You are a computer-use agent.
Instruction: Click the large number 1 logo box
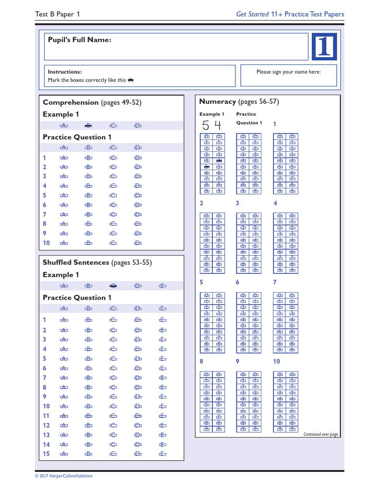click(324, 47)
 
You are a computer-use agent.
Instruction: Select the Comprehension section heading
click(92, 102)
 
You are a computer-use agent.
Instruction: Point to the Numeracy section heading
click(239, 102)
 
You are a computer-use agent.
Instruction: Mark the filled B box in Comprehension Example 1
click(88, 126)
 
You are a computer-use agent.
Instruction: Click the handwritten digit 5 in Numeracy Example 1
click(206, 126)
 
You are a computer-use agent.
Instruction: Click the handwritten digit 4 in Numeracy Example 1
click(218, 126)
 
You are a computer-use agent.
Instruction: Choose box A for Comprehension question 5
click(63, 196)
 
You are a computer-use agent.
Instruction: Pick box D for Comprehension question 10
click(138, 243)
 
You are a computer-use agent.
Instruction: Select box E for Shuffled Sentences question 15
click(163, 454)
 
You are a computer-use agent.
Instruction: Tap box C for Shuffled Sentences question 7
click(113, 378)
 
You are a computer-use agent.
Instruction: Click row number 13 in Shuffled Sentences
click(46, 435)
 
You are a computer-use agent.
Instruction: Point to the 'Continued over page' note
click(320, 434)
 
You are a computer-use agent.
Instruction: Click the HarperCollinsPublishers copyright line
click(63, 476)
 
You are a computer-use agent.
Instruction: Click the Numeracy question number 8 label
click(201, 361)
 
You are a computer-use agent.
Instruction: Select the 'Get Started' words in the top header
click(252, 14)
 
